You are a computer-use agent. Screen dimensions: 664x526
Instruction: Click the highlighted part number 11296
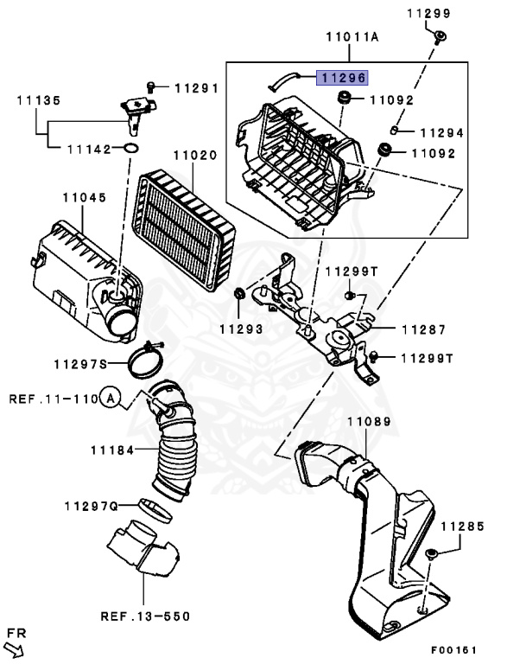click(x=343, y=78)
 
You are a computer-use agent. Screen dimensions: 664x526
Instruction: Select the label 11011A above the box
click(x=352, y=39)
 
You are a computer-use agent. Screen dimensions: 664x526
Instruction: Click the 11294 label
click(x=441, y=133)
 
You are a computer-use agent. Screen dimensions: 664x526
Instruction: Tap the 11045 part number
click(x=84, y=197)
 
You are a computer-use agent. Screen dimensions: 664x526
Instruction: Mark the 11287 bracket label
click(x=423, y=329)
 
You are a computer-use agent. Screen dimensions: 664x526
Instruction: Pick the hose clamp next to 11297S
click(x=149, y=361)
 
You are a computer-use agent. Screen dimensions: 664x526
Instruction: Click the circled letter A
click(x=109, y=399)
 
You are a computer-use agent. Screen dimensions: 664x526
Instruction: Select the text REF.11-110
click(x=52, y=399)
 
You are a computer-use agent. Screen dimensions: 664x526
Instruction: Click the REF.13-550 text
click(x=144, y=616)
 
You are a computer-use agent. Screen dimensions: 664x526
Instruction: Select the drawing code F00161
click(x=455, y=649)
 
